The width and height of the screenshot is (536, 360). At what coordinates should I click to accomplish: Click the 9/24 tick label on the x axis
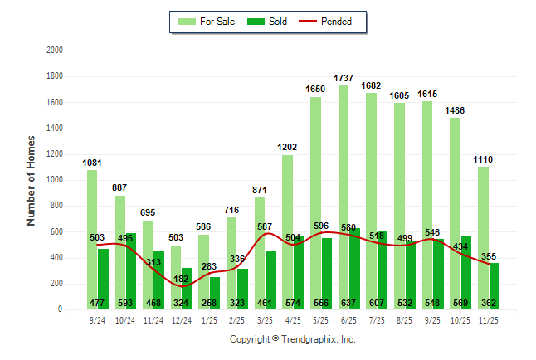[x=97, y=319]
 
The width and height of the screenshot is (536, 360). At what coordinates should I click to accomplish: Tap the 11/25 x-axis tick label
[x=488, y=319]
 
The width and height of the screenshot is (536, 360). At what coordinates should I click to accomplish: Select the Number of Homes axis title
[x=32, y=180]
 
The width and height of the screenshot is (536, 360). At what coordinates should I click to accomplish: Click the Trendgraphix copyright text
[x=292, y=340]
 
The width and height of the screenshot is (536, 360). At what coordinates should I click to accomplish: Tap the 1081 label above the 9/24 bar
[x=92, y=163]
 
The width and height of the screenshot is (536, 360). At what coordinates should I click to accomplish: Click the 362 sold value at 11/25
[x=488, y=303]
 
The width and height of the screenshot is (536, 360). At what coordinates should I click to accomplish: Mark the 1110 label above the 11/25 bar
[x=483, y=158]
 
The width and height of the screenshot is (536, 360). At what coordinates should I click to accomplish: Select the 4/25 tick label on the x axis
[x=293, y=319]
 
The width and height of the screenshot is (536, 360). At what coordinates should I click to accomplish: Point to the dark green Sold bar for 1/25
[x=215, y=286]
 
